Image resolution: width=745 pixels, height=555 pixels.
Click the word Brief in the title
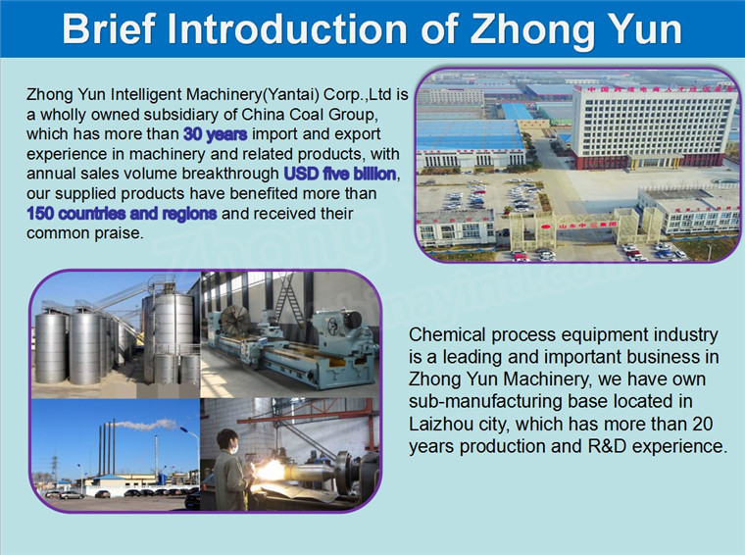click(109, 28)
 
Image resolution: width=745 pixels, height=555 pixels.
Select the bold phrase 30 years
click(216, 134)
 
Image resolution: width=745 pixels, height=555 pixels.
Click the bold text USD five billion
click(340, 174)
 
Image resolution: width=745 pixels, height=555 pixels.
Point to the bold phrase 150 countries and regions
click(122, 214)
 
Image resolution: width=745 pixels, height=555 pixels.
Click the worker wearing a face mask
click(230, 471)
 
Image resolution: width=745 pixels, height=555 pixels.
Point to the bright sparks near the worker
click(270, 471)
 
